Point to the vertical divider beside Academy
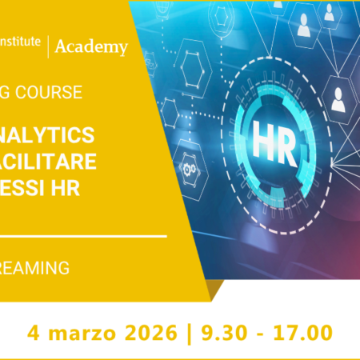[49, 46]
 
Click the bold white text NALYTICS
[48, 134]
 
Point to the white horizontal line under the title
[83, 237]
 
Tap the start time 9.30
[219, 330]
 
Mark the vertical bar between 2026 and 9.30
[187, 330]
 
